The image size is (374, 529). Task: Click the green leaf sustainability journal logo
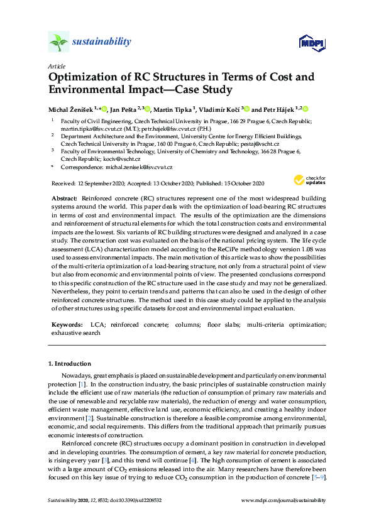[x=58, y=42]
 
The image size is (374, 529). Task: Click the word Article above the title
[x=56, y=65]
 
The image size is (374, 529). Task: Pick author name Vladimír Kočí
[x=220, y=109]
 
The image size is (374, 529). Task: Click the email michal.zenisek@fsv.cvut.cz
[x=137, y=168]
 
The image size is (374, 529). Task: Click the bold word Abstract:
[x=63, y=197]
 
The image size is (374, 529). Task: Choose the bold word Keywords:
[x=67, y=324]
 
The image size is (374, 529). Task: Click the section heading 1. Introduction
[x=69, y=364]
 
